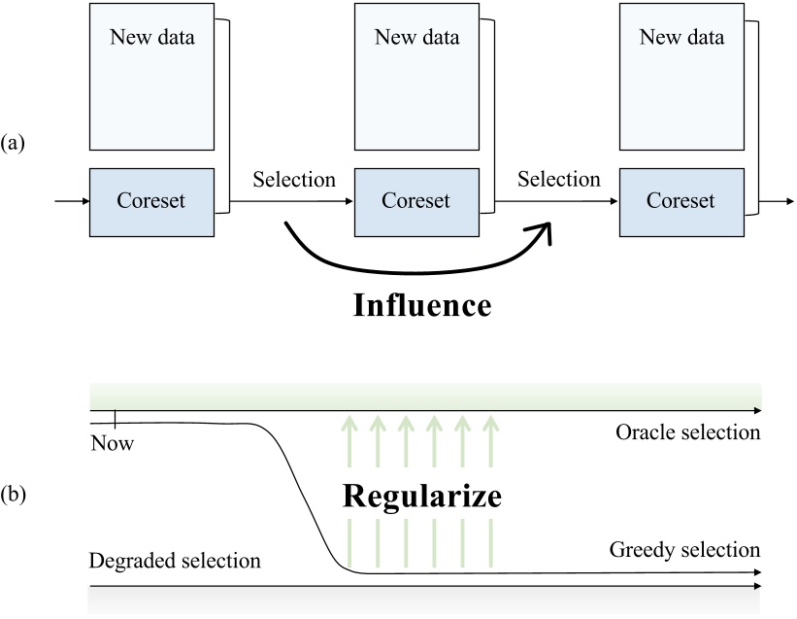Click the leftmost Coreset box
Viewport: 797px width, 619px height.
coord(151,202)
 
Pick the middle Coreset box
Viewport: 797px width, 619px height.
coord(416,202)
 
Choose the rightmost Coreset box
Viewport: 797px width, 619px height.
coord(681,202)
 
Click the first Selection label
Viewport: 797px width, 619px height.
coord(294,180)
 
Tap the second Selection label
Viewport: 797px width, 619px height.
coord(559,180)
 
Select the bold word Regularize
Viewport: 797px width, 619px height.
coord(421,497)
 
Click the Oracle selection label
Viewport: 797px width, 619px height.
coord(687,432)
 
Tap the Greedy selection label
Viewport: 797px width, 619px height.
coord(684,550)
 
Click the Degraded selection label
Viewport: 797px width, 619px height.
coord(175,561)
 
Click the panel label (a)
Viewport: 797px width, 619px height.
coord(14,143)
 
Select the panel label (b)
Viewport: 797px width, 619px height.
coord(14,495)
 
